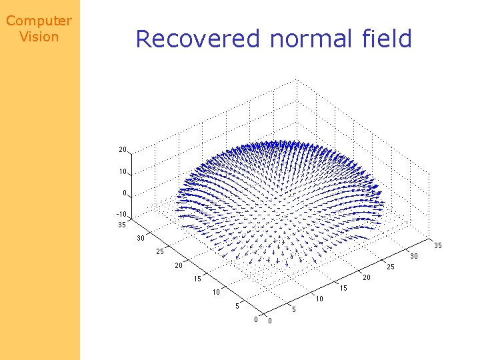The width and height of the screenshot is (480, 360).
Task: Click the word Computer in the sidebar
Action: click(x=39, y=21)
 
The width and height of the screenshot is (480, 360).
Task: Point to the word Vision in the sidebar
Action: click(x=39, y=37)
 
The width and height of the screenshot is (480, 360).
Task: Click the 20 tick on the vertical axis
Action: click(x=123, y=149)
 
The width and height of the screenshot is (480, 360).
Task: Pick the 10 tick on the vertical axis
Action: click(x=123, y=171)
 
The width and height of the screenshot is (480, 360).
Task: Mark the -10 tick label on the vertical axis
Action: click(x=121, y=215)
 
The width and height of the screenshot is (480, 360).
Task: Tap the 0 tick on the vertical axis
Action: click(x=125, y=193)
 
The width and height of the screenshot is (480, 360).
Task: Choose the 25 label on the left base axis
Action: click(x=160, y=252)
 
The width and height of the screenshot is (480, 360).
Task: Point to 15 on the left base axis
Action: click(x=197, y=279)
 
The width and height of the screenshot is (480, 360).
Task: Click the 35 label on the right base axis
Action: click(x=438, y=245)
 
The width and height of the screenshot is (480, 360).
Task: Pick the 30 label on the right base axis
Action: click(x=414, y=256)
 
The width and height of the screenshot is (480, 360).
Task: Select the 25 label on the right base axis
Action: click(x=390, y=267)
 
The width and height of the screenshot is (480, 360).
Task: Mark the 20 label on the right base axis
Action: click(x=366, y=277)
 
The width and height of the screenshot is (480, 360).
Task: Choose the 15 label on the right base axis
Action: click(x=343, y=288)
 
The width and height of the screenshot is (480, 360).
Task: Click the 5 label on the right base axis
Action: click(x=294, y=309)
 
